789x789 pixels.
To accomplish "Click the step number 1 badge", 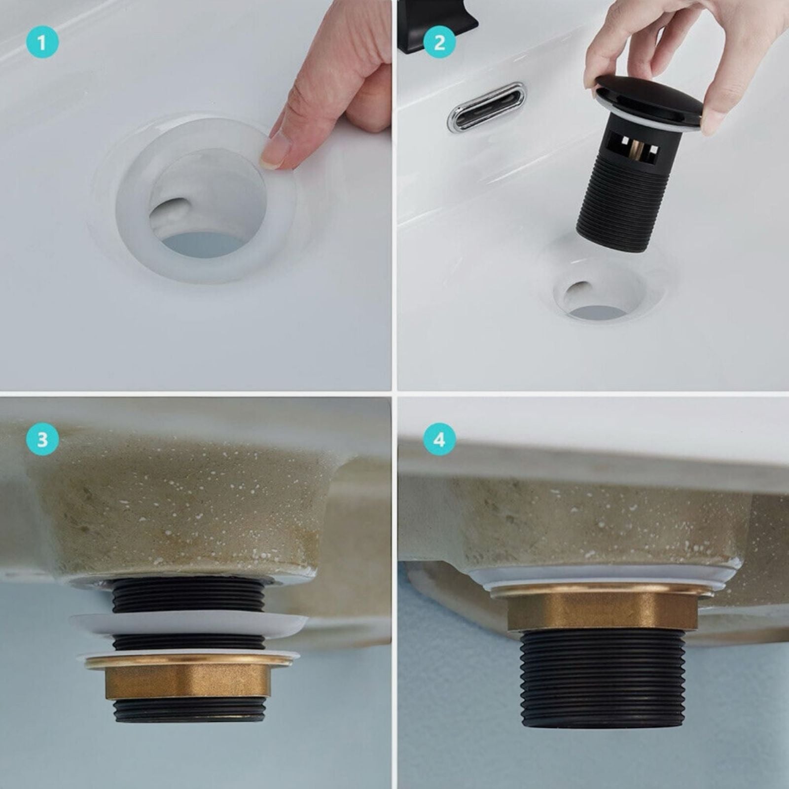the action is (x=42, y=42).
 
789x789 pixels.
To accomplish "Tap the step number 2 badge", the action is (x=439, y=42).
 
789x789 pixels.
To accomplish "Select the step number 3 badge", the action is (x=42, y=439).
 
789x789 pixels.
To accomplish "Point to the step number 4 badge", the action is (x=439, y=439).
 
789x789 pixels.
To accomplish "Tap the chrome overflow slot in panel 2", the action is (x=487, y=107).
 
